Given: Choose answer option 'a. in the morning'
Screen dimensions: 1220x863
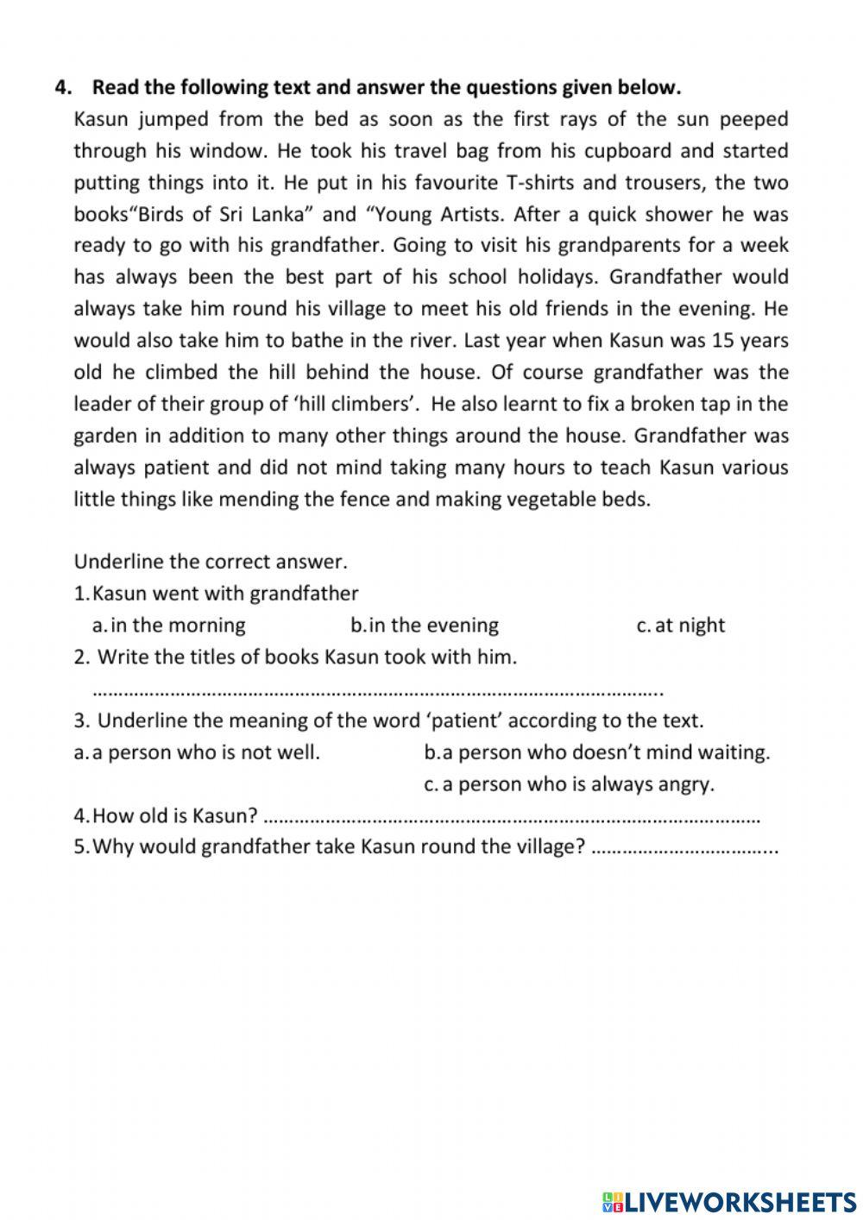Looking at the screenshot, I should (x=169, y=626).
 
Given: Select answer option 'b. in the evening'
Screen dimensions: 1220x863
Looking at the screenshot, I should (x=425, y=626).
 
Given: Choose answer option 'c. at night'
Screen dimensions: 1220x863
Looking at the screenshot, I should (x=680, y=626).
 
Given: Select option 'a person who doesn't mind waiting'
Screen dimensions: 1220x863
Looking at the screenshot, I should (x=596, y=752).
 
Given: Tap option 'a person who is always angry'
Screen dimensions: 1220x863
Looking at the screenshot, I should (x=569, y=784).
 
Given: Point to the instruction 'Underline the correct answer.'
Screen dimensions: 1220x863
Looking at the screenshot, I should (x=211, y=563).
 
